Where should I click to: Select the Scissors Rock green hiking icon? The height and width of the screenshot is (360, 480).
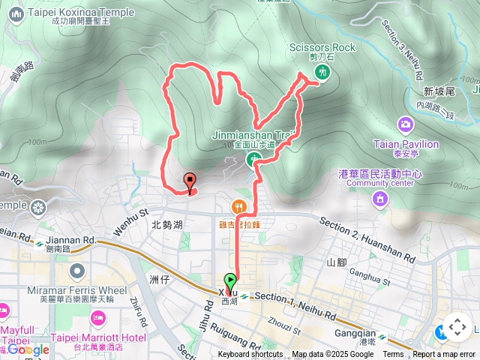(x=322, y=72)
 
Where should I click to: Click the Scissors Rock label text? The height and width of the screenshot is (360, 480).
(x=322, y=47)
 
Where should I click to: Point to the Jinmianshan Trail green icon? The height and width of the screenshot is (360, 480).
(x=253, y=160)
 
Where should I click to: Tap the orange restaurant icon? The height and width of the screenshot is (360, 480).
(x=238, y=205)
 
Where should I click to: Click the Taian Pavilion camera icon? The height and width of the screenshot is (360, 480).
(x=405, y=124)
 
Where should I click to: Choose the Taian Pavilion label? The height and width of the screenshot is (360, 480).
(x=405, y=143)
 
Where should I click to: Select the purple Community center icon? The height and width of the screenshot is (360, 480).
(x=380, y=199)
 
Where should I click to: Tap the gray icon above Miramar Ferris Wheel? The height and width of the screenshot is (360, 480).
(x=74, y=270)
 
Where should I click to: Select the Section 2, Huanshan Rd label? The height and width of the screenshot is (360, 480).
(x=367, y=240)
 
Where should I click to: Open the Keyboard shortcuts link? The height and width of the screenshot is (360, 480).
(x=250, y=355)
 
